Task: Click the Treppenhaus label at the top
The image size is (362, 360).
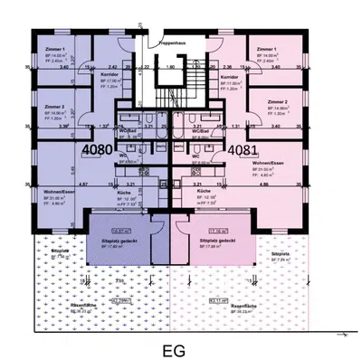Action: pyautogui.click(x=172, y=43)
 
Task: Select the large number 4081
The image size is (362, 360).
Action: pyautogui.click(x=243, y=150)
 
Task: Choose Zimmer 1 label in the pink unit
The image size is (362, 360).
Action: pyautogui.click(x=266, y=49)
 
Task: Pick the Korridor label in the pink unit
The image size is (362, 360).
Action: pyautogui.click(x=228, y=79)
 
